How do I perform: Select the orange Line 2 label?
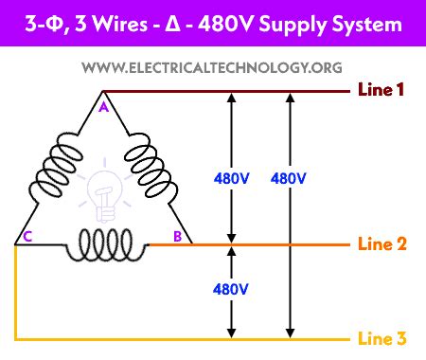coord(382,243)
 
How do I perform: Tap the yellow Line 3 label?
coord(382,339)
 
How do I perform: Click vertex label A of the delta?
coord(102,107)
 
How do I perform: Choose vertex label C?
coord(28,237)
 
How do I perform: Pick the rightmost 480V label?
coord(288,178)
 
